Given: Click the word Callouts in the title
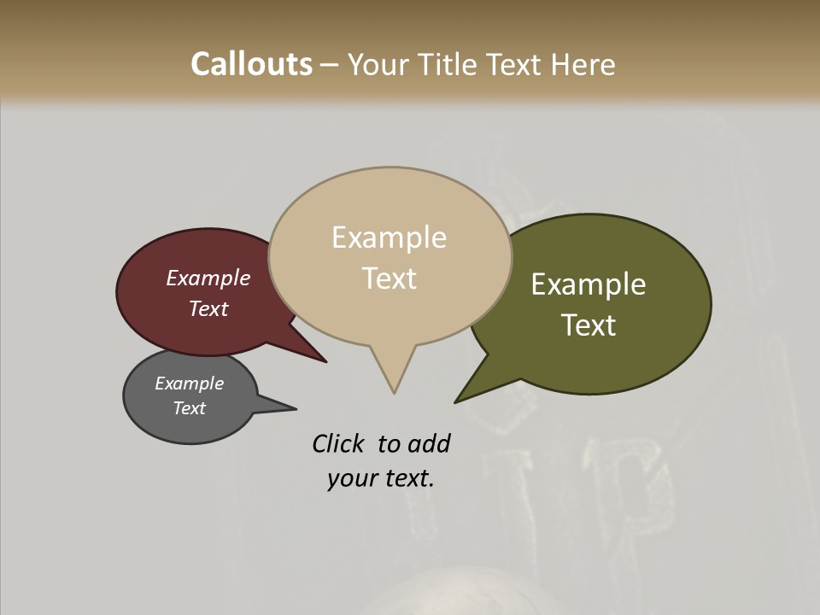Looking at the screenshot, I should tap(251, 64).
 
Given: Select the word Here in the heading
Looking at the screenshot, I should tap(583, 64).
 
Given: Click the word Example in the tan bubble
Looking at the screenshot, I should tap(389, 237).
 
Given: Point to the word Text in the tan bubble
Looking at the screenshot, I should tap(389, 278).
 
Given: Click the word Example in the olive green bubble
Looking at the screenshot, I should tap(589, 284).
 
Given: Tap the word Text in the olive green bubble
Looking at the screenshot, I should tap(589, 325).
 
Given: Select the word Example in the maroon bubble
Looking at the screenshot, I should tap(208, 278).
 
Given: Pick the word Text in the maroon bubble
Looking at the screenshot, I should tap(208, 308).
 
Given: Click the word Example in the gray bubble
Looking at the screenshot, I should tap(190, 384).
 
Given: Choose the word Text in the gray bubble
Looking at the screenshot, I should tap(190, 408).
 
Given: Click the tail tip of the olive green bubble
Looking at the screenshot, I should tap(457, 401).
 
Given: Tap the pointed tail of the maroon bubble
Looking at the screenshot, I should tap(323, 360).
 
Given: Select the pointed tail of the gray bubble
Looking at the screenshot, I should tap(293, 408).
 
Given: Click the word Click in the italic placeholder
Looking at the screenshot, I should tap(338, 443).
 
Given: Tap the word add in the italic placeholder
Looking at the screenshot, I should tap(429, 443).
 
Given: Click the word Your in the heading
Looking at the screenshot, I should tap(378, 64).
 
